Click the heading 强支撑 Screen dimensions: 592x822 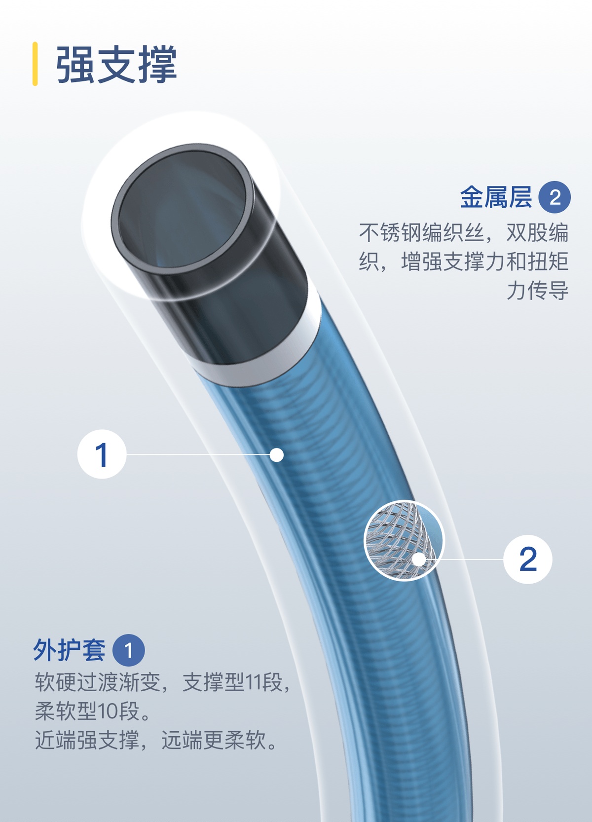click(x=116, y=65)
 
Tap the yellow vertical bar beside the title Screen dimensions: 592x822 click(x=35, y=64)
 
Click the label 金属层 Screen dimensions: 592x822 click(x=496, y=197)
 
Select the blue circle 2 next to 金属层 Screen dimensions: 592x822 click(x=554, y=197)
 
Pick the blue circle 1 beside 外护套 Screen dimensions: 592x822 click(x=128, y=650)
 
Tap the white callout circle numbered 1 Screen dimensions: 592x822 click(x=102, y=454)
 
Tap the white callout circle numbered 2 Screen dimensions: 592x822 click(x=527, y=559)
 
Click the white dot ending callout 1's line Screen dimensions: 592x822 click(x=276, y=455)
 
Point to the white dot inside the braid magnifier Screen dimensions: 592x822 click(x=419, y=560)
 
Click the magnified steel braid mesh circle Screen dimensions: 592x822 click(x=404, y=541)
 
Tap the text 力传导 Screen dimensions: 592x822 click(x=538, y=290)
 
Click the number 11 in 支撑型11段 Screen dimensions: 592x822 click(x=253, y=682)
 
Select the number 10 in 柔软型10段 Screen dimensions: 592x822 click(x=107, y=711)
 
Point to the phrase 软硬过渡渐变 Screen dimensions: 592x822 click(x=98, y=682)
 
